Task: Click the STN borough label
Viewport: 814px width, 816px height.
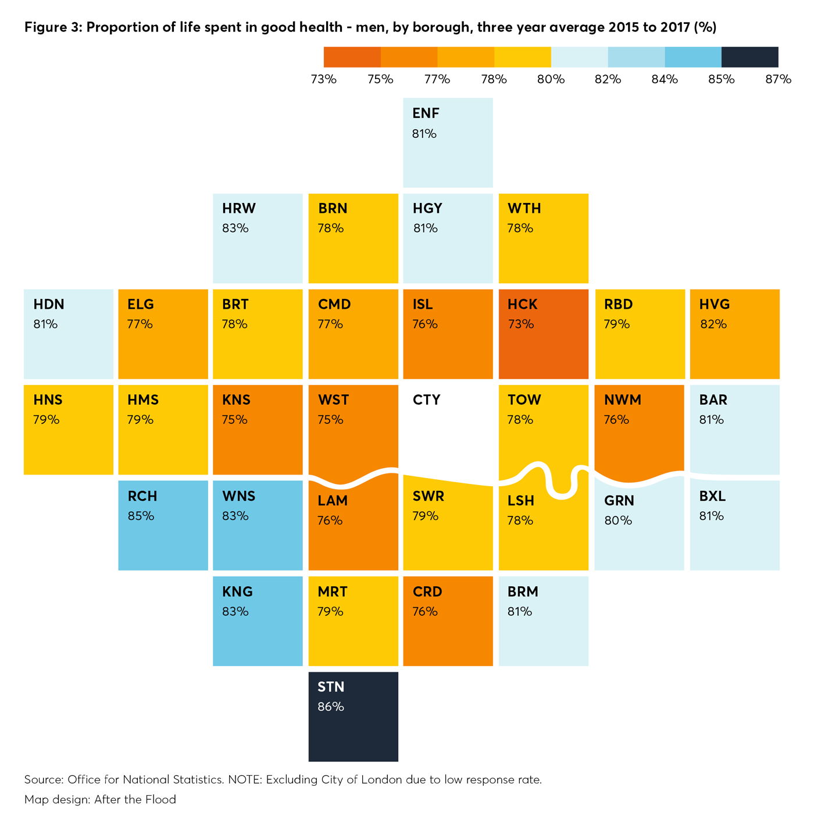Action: (x=331, y=687)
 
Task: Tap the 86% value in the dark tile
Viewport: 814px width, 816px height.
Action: (x=331, y=707)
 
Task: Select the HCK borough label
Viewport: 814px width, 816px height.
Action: (x=522, y=304)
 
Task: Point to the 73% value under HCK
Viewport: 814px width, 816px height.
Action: (x=520, y=324)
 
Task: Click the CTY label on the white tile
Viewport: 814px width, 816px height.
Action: (x=426, y=400)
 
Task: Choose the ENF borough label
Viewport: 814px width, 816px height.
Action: (x=426, y=113)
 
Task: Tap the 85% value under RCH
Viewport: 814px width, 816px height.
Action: (x=141, y=516)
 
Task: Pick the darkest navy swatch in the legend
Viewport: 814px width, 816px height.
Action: (x=749, y=57)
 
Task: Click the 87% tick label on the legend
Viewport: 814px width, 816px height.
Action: (x=778, y=79)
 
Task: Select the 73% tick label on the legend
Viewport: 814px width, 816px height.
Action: (x=323, y=79)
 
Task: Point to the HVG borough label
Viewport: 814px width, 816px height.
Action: (x=714, y=304)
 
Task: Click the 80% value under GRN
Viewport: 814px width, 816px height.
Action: (x=618, y=521)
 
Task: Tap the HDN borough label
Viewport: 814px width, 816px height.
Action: (x=49, y=304)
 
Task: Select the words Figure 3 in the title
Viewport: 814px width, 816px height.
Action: (x=51, y=27)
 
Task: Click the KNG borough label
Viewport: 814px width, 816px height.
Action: (x=237, y=591)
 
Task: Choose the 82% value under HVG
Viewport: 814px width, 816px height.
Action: (x=713, y=324)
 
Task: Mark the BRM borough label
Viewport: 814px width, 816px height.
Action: (x=523, y=591)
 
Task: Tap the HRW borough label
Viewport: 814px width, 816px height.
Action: (x=238, y=208)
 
